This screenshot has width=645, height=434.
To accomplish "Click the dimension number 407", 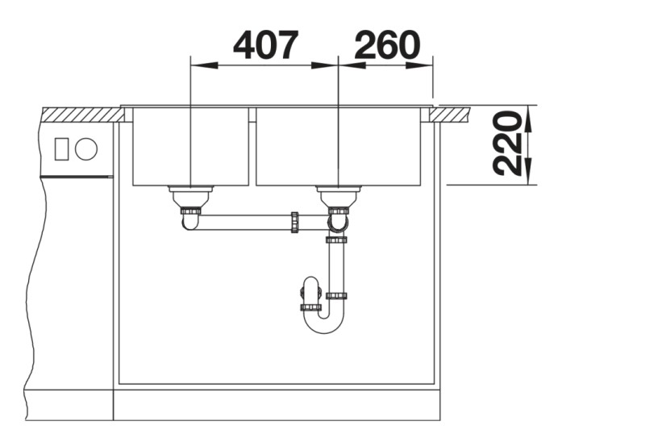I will pyautogui.click(x=265, y=45).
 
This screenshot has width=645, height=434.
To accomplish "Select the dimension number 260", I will pyautogui.click(x=387, y=45).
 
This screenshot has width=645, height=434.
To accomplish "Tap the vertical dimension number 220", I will pyautogui.click(x=508, y=144).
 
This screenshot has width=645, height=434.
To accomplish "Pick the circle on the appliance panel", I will pyautogui.click(x=85, y=149).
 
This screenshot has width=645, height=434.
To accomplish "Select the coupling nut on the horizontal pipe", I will pyautogui.click(x=295, y=222).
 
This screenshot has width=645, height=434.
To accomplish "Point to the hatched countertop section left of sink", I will pyautogui.click(x=81, y=115).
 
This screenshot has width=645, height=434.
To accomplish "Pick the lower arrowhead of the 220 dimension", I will pyautogui.click(x=530, y=175).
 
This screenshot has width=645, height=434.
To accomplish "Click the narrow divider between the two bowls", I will pyautogui.click(x=252, y=145).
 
